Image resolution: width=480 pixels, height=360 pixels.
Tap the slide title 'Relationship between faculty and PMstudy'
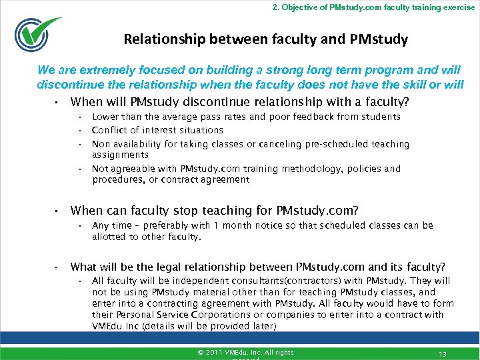tap(265, 39)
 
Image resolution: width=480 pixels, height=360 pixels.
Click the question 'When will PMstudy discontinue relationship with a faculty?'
tap(239, 102)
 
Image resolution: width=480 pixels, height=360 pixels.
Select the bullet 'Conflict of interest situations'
tap(157, 130)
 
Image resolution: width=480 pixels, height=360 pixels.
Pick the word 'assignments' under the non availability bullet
tap(120, 155)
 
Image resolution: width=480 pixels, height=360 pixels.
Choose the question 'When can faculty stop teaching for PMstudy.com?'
tap(214, 211)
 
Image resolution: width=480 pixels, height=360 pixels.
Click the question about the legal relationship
tap(258, 266)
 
